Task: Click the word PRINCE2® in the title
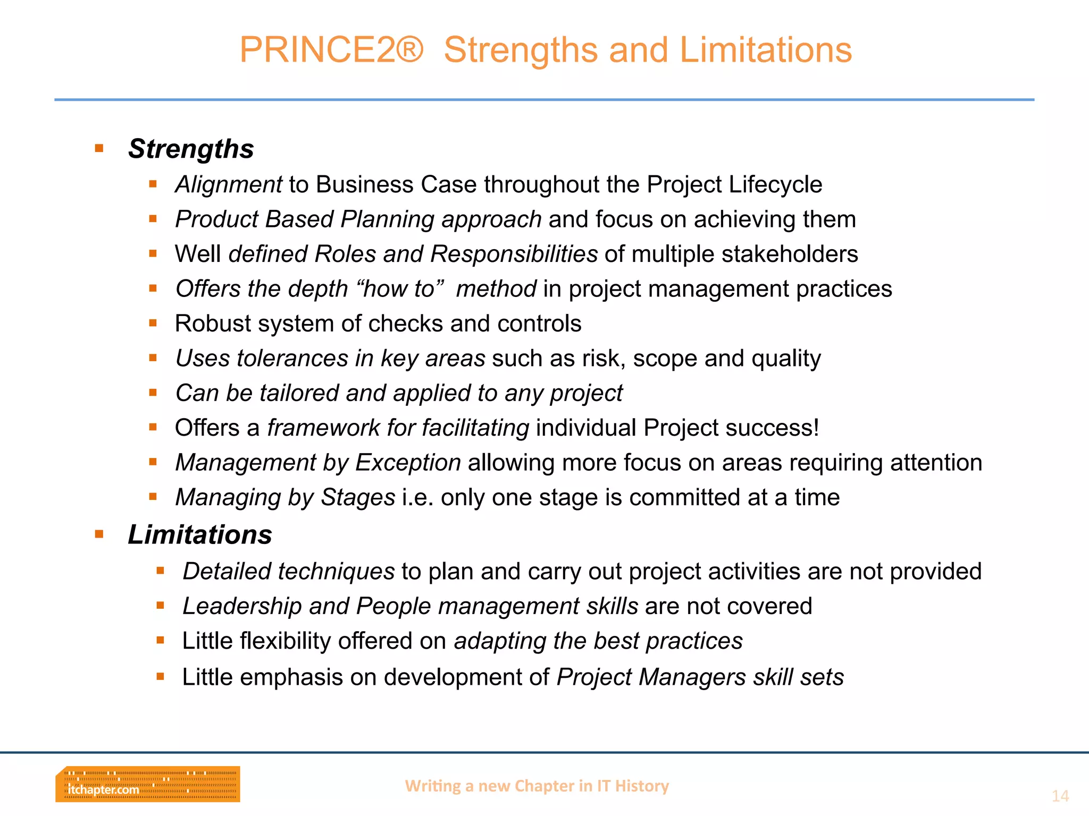[x=331, y=50]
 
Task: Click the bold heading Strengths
[x=191, y=149]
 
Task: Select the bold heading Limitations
[x=200, y=534]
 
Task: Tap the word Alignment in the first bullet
[x=229, y=185]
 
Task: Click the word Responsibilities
[x=514, y=254]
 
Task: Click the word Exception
[x=408, y=462]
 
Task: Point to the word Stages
[x=358, y=497]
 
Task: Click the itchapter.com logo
[x=147, y=784]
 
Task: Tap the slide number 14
[x=1060, y=796]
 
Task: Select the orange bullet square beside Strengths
[x=99, y=148]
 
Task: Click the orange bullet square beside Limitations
[x=99, y=534]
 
